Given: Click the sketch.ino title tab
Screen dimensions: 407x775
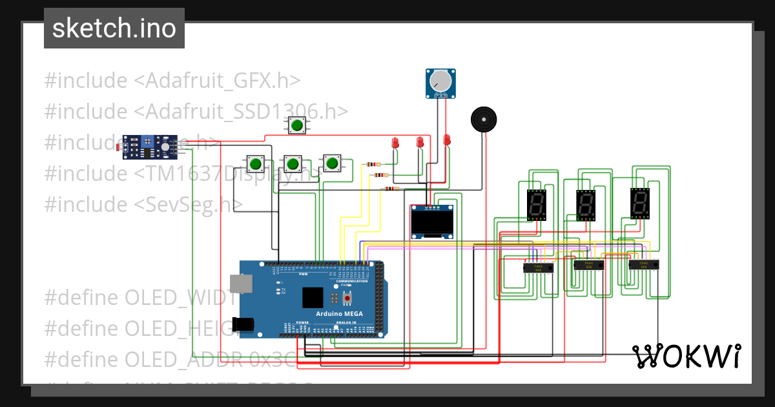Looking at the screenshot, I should [x=114, y=28].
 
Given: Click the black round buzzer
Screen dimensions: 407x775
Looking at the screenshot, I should [x=484, y=120].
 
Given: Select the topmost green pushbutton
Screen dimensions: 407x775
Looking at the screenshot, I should [x=297, y=125].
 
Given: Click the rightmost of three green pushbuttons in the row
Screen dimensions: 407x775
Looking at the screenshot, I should [x=333, y=163].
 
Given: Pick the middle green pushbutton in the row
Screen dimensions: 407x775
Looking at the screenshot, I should [x=293, y=163].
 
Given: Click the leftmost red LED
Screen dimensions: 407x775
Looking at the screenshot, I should [x=395, y=143].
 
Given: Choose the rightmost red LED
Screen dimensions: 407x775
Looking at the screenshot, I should [x=446, y=139].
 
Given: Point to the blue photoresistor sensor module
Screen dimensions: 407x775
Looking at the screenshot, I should [x=150, y=147].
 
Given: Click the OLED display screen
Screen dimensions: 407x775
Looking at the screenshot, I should [x=431, y=223].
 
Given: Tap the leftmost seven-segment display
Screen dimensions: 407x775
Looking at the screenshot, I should [x=536, y=205].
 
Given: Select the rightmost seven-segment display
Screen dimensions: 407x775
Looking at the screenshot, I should [x=639, y=203].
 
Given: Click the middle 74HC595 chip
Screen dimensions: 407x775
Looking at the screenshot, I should [x=588, y=264].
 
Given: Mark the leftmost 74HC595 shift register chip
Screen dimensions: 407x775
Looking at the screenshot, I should [x=537, y=267].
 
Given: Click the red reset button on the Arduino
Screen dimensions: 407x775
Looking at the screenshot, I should [x=347, y=298].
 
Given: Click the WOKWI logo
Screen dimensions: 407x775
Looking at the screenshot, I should [x=687, y=356].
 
